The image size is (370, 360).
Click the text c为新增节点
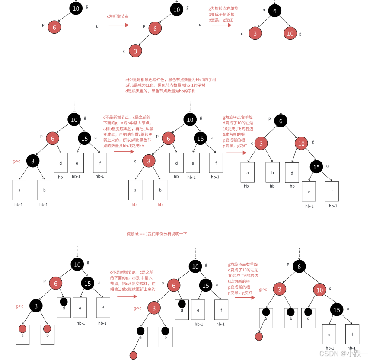(x=118, y=16)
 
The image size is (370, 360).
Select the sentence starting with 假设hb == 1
(x=156, y=233)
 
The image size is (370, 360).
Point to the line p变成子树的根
(x=221, y=14)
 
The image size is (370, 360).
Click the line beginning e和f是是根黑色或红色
(x=170, y=80)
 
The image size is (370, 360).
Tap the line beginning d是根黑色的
(x=160, y=91)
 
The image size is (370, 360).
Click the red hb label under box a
(x=134, y=204)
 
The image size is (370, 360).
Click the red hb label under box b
(x=160, y=204)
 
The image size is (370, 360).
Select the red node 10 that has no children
(x=290, y=33)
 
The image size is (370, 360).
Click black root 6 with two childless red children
(x=274, y=11)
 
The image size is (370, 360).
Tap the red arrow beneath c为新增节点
(x=119, y=25)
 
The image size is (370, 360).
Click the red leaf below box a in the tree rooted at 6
(x=259, y=336)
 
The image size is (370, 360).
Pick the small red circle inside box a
(x=22, y=328)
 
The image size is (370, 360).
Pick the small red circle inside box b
(x=47, y=328)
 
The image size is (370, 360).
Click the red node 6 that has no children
(x=54, y=27)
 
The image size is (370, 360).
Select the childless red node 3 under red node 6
(x=135, y=51)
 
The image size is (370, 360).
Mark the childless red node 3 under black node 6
(x=255, y=33)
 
